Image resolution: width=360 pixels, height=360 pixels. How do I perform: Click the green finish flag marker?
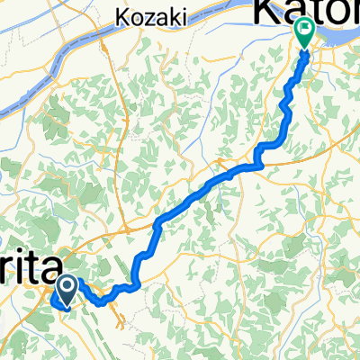click(x=303, y=33)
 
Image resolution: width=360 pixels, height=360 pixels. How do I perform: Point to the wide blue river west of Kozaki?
click(x=54, y=63)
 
